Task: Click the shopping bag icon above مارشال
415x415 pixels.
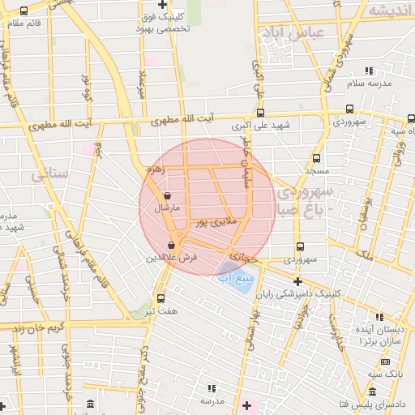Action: click(167, 195)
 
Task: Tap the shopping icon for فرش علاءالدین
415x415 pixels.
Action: click(171, 245)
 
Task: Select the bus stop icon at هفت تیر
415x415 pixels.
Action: click(160, 297)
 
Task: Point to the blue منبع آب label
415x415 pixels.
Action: click(236, 278)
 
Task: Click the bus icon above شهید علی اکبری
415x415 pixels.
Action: click(260, 113)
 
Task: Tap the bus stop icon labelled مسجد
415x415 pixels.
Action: click(316, 159)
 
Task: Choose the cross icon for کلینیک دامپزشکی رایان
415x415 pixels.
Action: click(297, 281)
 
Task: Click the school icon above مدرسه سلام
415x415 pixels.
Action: click(369, 71)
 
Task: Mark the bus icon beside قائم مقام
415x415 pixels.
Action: click(23, 11)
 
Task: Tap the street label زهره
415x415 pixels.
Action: click(155, 170)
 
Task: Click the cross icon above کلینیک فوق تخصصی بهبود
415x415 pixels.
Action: click(163, 4)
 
